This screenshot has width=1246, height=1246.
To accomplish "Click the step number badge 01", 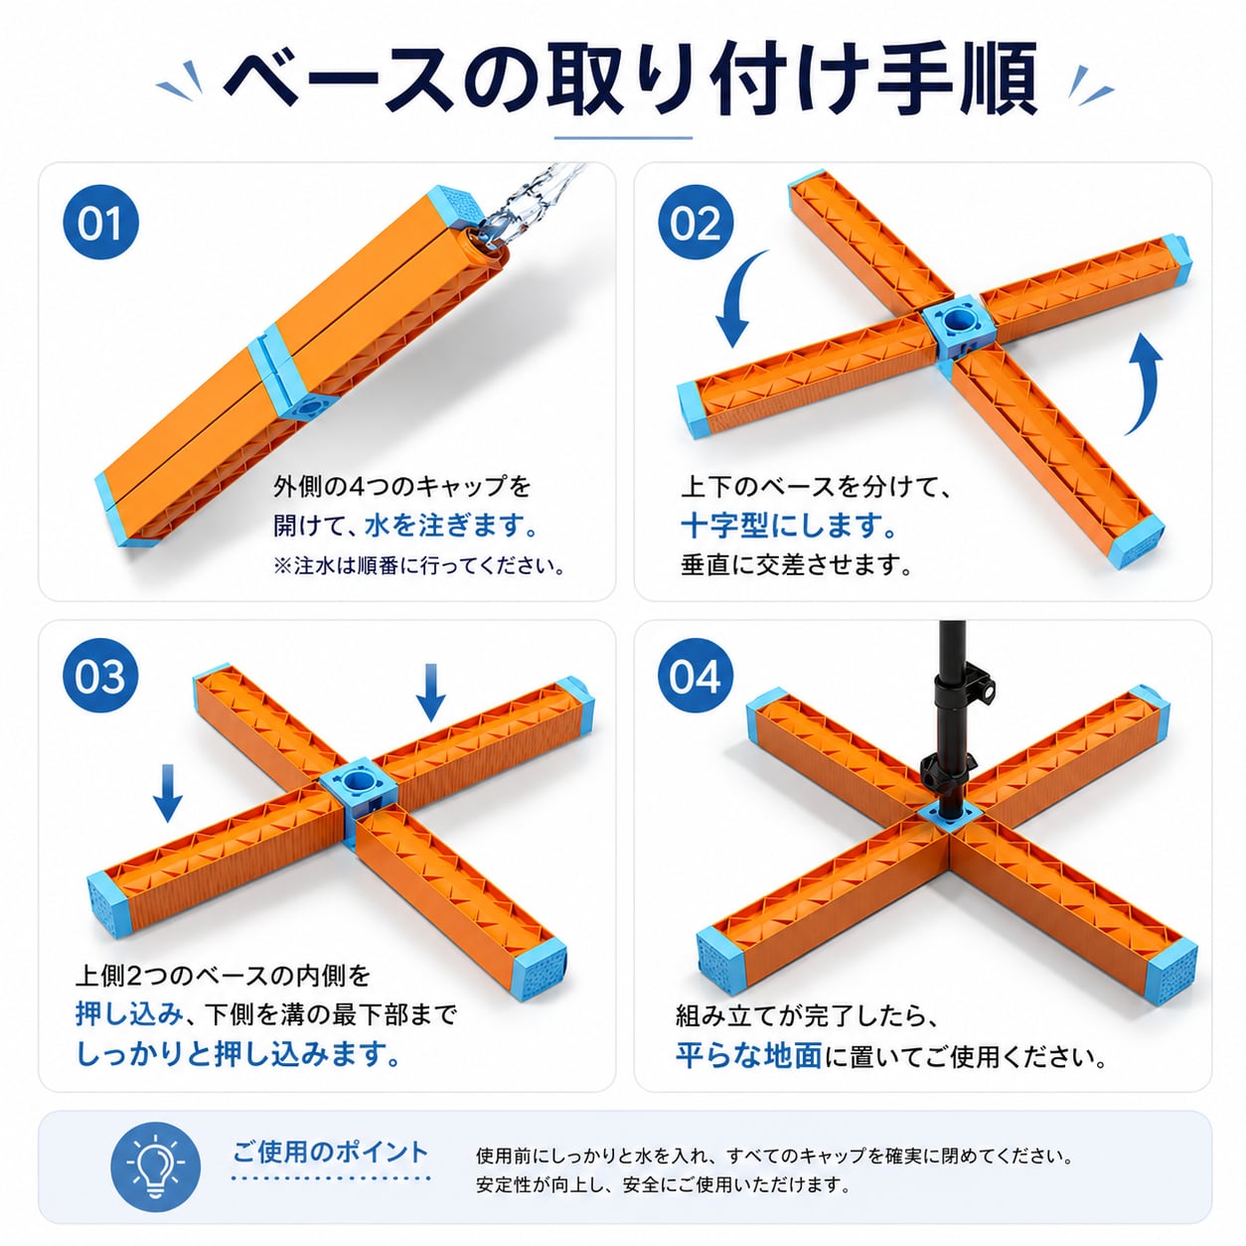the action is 100,222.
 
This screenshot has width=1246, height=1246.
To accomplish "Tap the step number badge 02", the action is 696,222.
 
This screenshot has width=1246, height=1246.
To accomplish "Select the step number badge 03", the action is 100,675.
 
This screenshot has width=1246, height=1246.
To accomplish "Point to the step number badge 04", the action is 696,675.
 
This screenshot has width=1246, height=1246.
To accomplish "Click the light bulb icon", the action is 155,1167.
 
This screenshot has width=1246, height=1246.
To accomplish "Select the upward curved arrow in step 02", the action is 1148,382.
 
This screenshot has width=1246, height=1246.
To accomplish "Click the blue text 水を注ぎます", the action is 452,525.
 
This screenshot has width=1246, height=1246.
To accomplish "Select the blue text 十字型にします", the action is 789,525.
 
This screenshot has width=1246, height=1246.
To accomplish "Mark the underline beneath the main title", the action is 623,138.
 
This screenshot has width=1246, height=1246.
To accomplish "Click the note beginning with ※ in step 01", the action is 419,566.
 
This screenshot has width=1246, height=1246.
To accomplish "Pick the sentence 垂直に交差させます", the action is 797,565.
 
